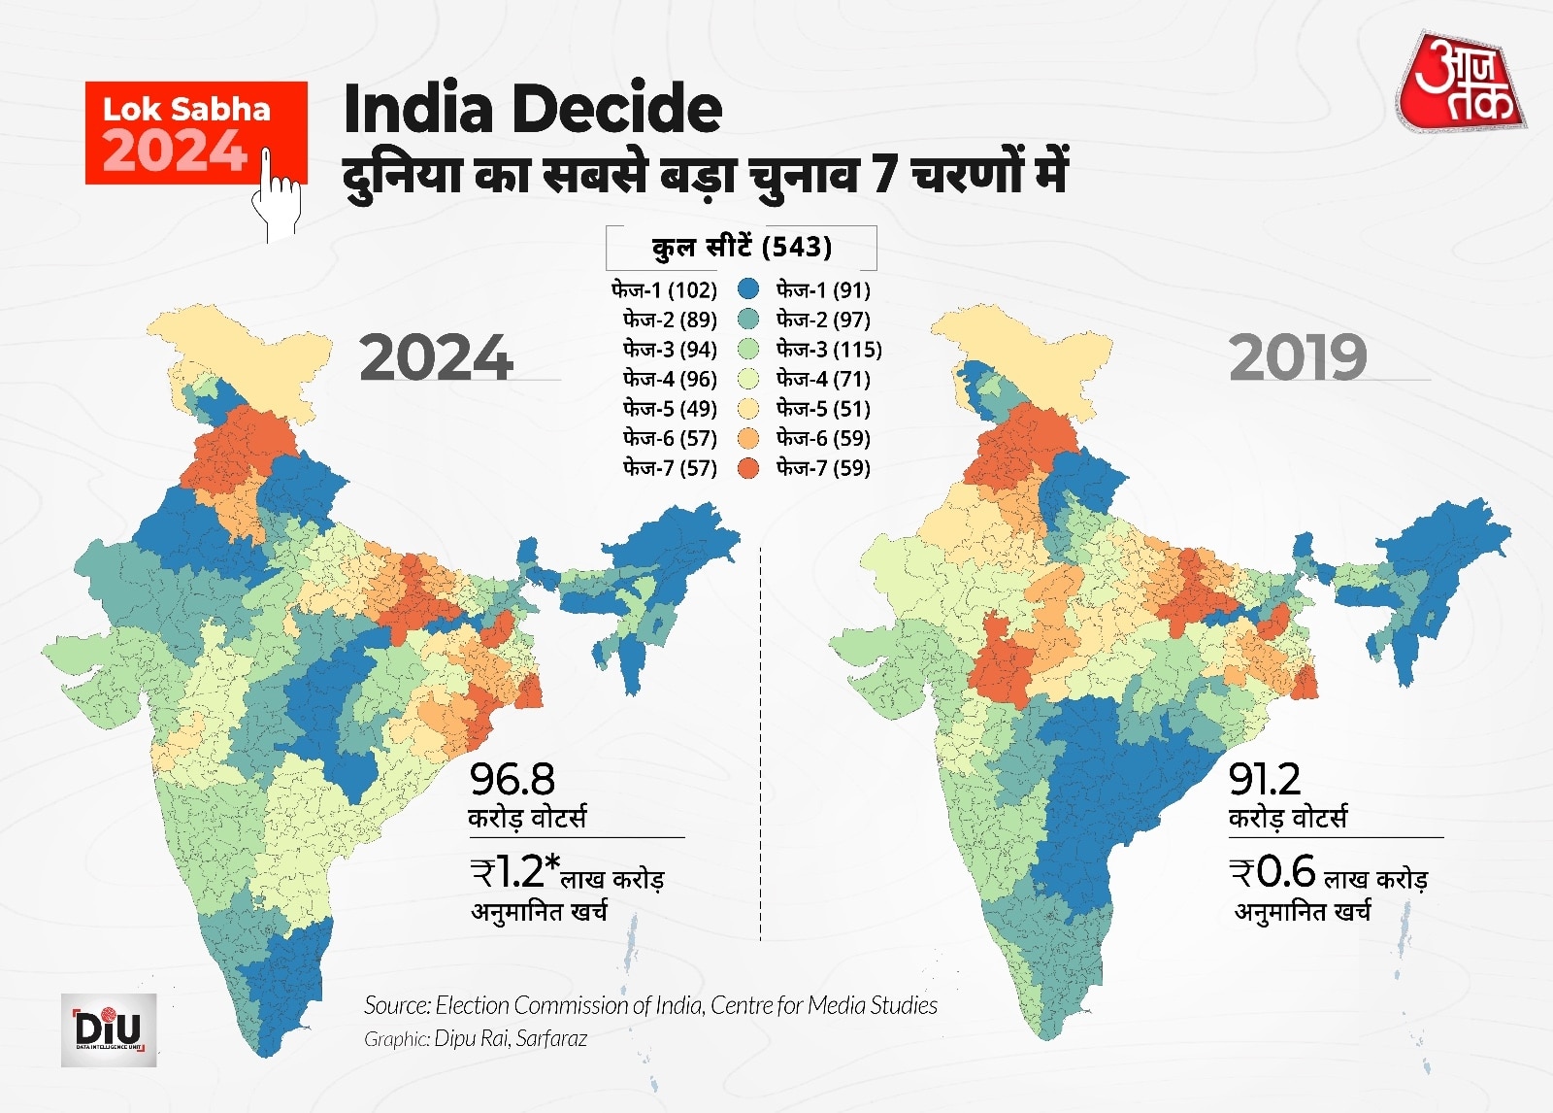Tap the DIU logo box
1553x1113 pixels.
click(109, 1029)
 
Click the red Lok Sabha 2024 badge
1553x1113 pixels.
click(184, 131)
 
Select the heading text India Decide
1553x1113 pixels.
click(533, 108)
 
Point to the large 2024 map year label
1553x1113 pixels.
click(436, 358)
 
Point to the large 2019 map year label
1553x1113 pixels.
click(1298, 358)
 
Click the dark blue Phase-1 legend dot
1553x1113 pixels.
click(747, 289)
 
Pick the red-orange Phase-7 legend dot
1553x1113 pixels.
click(747, 468)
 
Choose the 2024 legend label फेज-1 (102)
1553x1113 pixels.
click(664, 289)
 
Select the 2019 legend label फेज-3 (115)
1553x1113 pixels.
click(829, 349)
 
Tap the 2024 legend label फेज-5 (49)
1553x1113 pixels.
click(670, 409)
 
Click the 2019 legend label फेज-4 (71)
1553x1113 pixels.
click(823, 379)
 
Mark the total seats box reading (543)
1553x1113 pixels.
click(742, 247)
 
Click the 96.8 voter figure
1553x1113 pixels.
click(512, 779)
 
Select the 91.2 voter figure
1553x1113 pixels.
click(1265, 779)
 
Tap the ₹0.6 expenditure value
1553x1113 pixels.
click(1272, 872)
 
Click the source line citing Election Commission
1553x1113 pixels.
click(650, 1005)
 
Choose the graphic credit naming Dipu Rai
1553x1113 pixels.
click(476, 1038)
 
